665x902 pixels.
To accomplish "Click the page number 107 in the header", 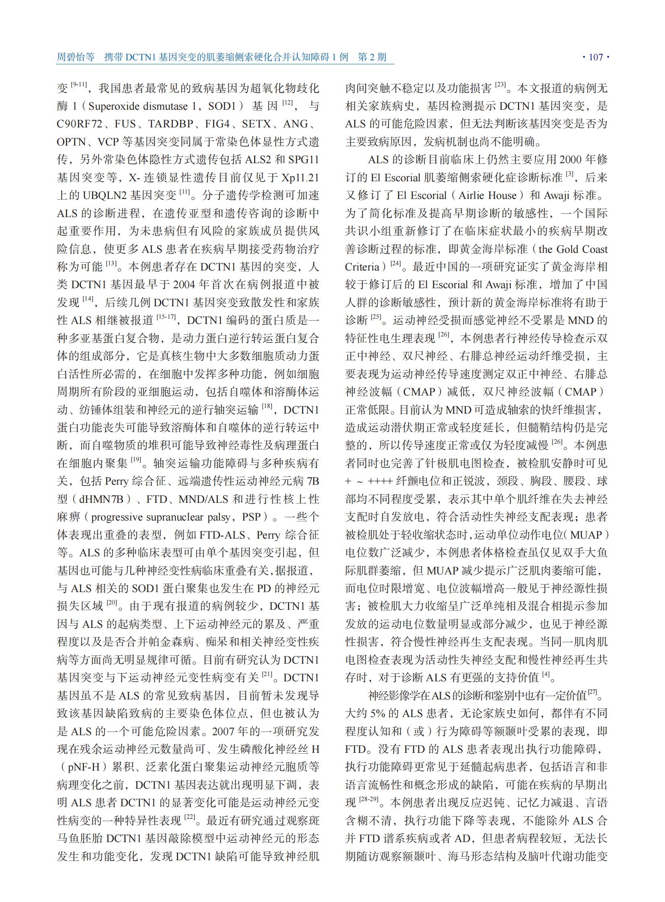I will coord(596,57).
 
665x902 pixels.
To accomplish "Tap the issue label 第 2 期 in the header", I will coord(372,57).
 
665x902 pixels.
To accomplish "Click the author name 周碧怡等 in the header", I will coord(75,57).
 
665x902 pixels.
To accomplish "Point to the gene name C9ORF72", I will coord(80,124).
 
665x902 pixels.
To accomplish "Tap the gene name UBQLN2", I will coord(105,196).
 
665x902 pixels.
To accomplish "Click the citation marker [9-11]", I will coord(78,85).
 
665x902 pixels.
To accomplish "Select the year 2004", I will coord(185,285).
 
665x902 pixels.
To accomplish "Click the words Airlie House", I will coord(487,196).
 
